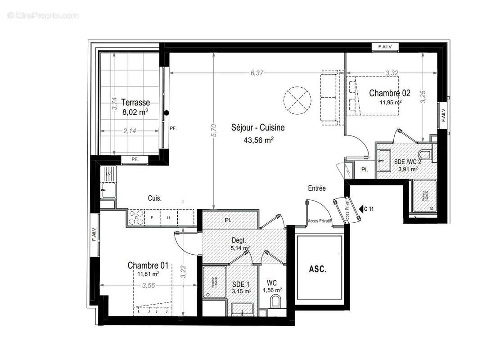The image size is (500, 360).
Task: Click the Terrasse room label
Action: (x=135, y=103)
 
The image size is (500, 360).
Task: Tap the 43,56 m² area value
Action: (x=259, y=140)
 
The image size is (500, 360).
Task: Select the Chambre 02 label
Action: (x=390, y=93)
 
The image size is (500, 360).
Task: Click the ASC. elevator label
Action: (x=318, y=270)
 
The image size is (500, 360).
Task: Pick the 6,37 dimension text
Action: (x=257, y=73)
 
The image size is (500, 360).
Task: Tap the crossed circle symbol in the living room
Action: (x=297, y=97)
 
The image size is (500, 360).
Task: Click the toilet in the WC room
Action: (x=276, y=301)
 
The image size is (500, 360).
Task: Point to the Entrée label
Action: (x=317, y=189)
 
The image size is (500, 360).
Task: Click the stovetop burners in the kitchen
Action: (x=136, y=218)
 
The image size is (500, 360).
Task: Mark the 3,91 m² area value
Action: (x=406, y=169)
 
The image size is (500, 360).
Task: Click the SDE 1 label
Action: (x=241, y=284)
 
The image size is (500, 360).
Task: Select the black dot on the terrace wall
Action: (x=166, y=113)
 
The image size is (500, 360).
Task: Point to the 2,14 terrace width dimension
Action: (x=130, y=130)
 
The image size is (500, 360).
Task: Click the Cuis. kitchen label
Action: (x=155, y=198)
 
